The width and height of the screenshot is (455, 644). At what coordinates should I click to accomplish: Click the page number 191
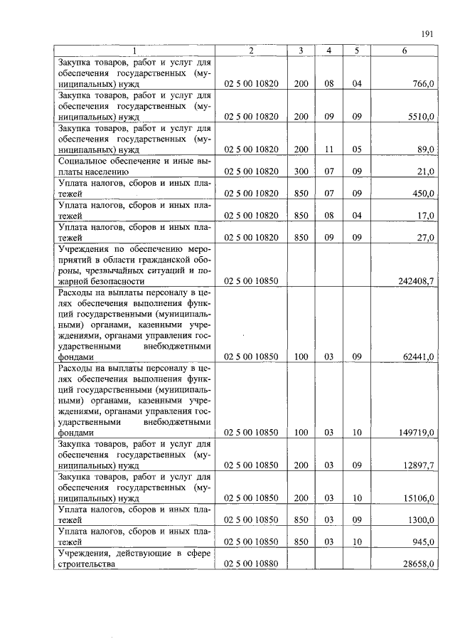[427, 33]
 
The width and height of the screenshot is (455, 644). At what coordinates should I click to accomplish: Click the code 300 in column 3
[301, 171]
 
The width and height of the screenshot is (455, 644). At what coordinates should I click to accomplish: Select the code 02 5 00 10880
[251, 564]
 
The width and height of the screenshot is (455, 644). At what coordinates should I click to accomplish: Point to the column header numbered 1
[134, 51]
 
